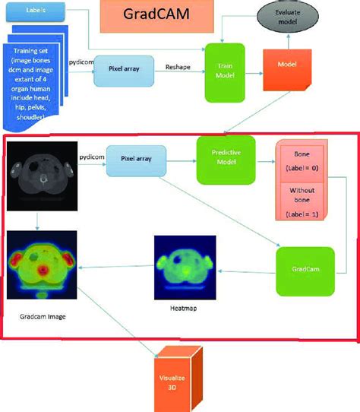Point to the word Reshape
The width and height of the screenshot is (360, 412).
tap(178, 68)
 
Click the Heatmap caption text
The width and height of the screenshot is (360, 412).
tap(181, 309)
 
